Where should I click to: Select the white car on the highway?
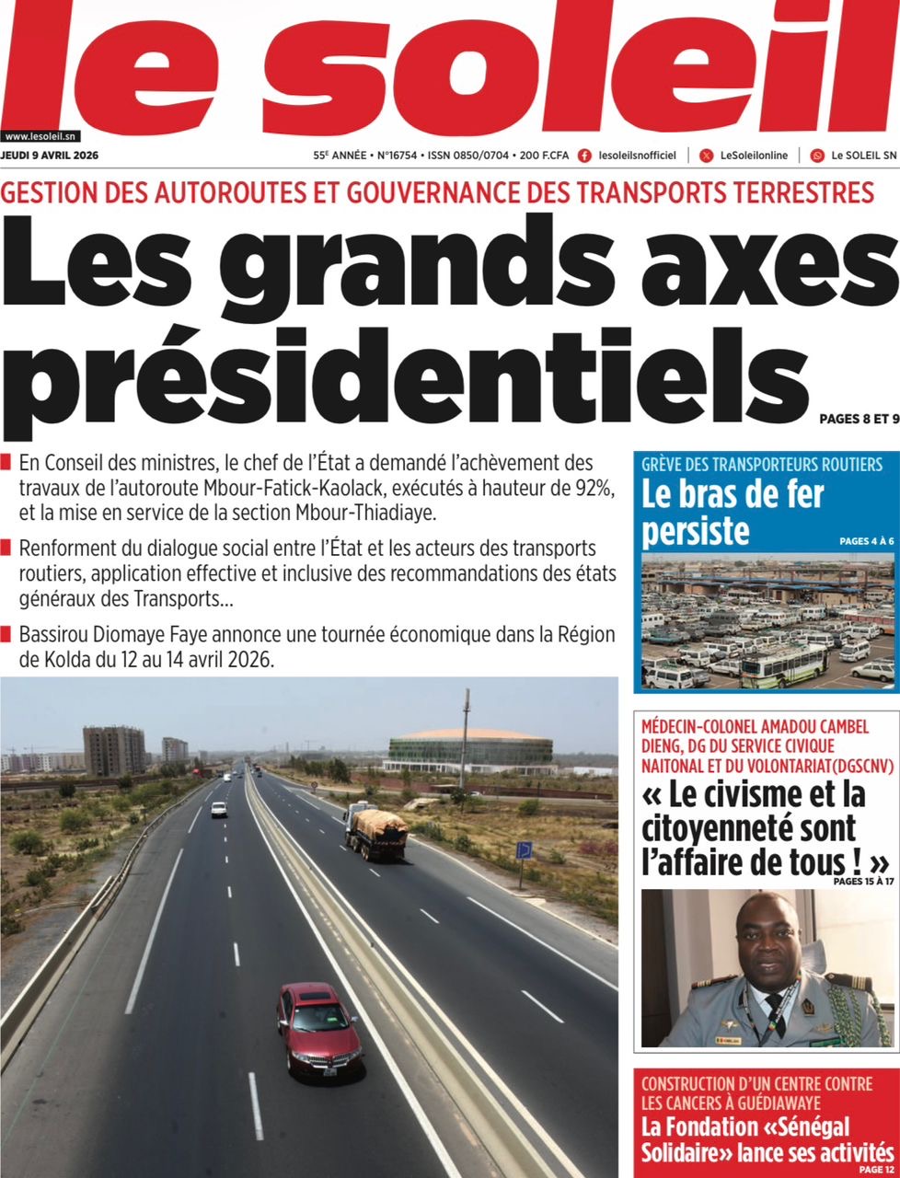(219, 809)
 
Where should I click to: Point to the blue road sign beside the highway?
(524, 849)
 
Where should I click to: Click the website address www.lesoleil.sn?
(40, 135)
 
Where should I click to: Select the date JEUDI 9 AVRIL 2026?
(50, 156)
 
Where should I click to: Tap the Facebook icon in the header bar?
(584, 156)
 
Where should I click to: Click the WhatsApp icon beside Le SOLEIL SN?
(817, 156)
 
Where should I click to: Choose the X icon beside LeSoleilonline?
(706, 156)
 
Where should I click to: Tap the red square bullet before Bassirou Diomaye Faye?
(7, 634)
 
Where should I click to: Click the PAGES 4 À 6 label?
(866, 541)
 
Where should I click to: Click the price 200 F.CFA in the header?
(544, 156)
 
